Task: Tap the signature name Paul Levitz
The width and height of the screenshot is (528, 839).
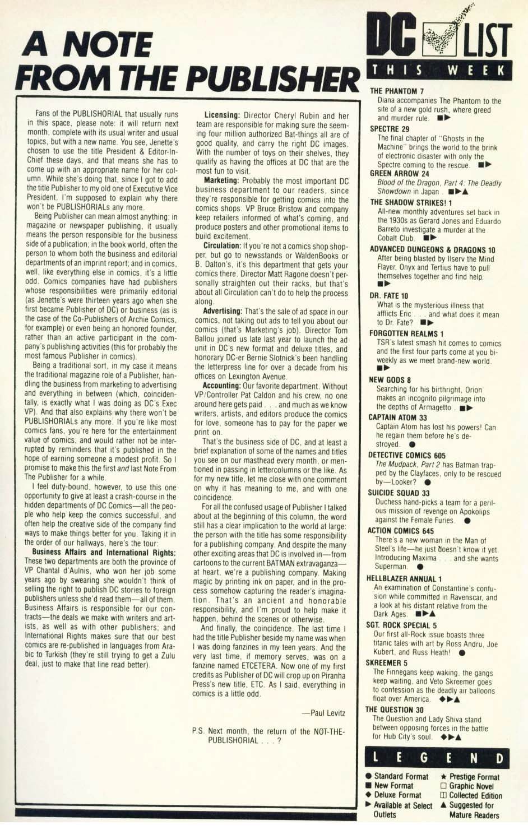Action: point(323,713)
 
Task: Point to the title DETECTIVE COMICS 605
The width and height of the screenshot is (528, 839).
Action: point(406,456)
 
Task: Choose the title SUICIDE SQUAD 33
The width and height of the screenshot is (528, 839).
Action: point(398,493)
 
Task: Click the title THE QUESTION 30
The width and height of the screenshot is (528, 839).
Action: point(394,710)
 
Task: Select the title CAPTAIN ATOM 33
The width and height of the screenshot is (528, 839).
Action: point(397,418)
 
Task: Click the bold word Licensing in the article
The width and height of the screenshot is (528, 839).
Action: point(222,115)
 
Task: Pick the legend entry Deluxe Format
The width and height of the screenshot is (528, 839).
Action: point(397,795)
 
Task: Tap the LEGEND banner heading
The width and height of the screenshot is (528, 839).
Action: point(438,759)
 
